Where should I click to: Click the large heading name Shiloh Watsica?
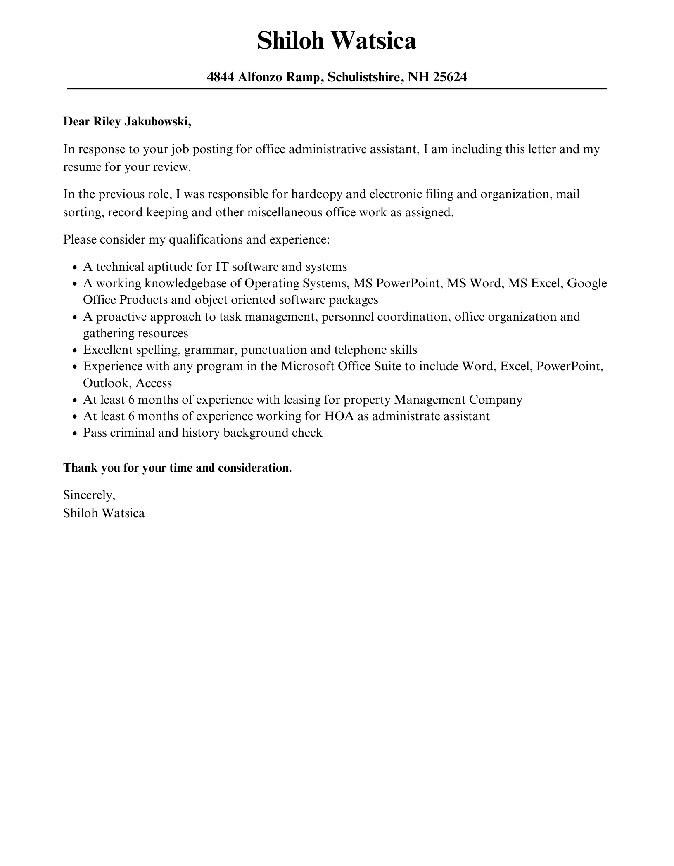pyautogui.click(x=337, y=41)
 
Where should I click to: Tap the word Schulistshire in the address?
pyautogui.click(x=363, y=77)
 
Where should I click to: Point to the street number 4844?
pyautogui.click(x=221, y=77)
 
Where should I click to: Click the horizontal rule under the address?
pyautogui.click(x=337, y=88)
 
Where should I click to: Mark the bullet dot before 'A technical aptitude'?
pyautogui.click(x=75, y=267)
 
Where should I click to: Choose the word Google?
pyautogui.click(x=586, y=283)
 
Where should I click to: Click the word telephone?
pyautogui.click(x=360, y=350)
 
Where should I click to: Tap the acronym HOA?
pyautogui.click(x=339, y=416)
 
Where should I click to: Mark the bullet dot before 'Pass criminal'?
pyautogui.click(x=75, y=433)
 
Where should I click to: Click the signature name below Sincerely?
pyautogui.click(x=104, y=513)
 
